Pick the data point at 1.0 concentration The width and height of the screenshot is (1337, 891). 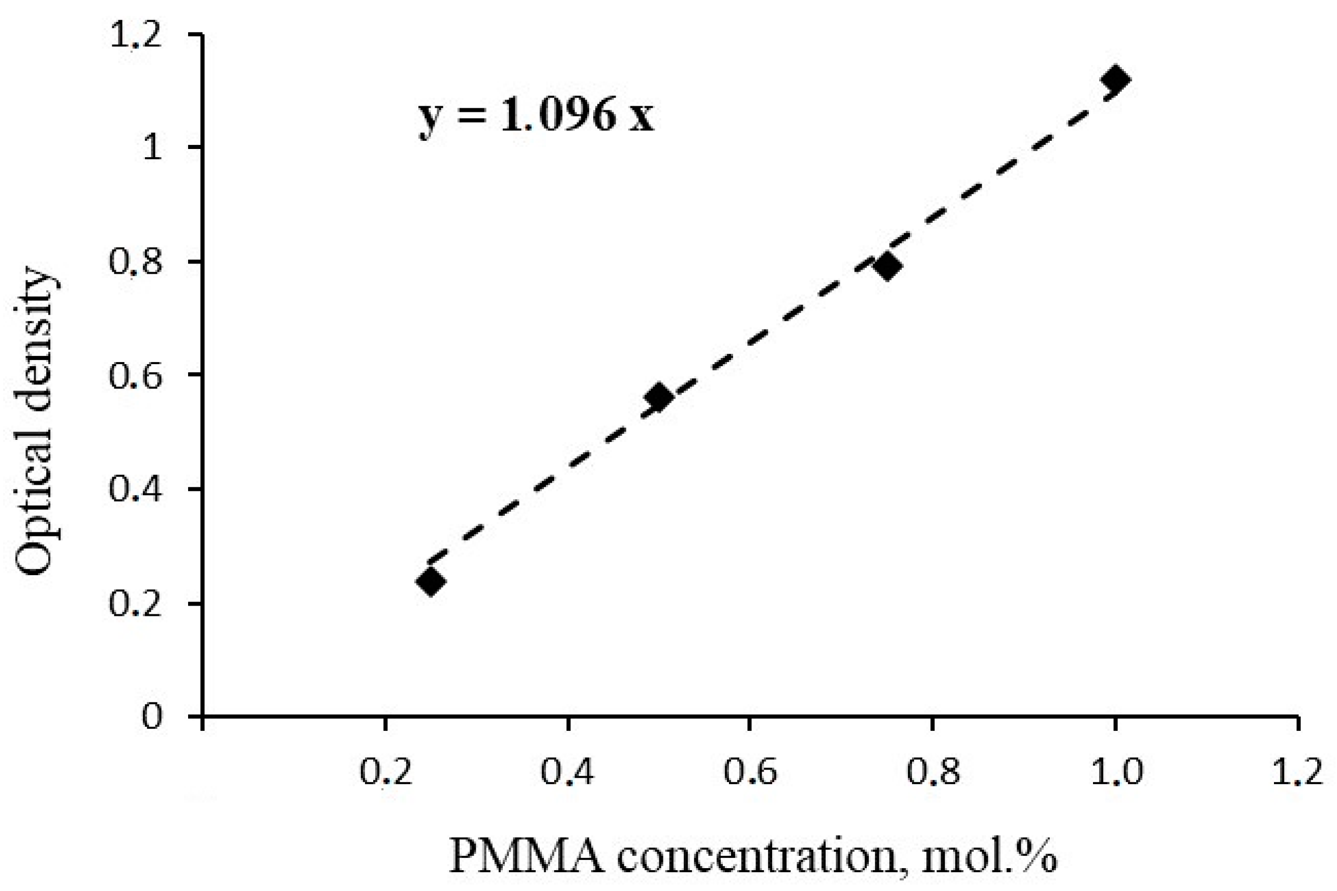(x=1115, y=79)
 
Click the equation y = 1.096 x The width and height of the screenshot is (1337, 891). (x=536, y=115)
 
